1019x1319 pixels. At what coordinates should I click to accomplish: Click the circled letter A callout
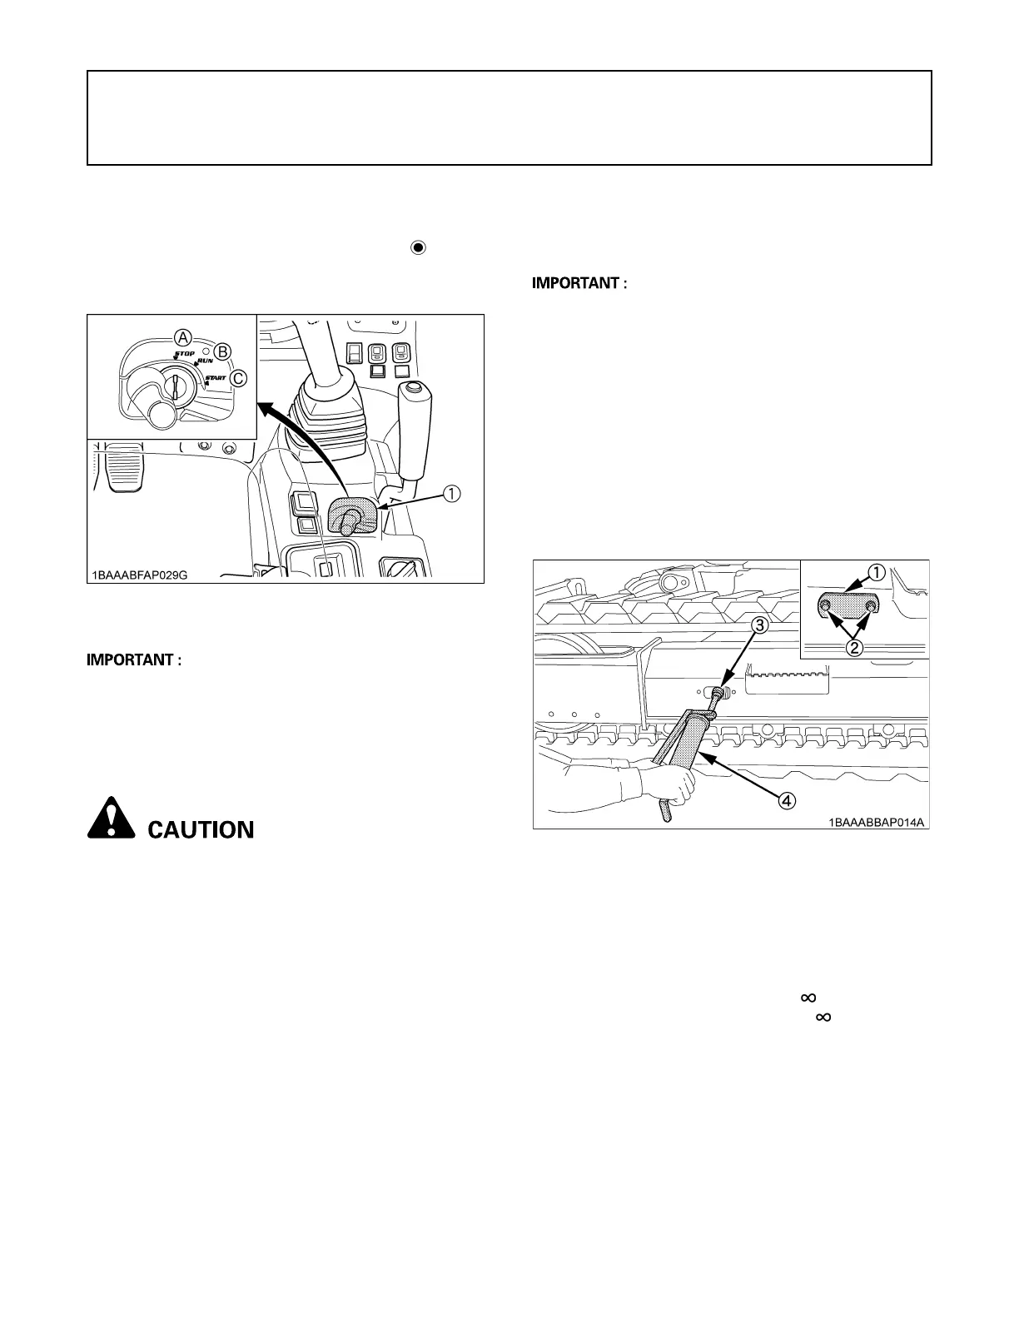(182, 337)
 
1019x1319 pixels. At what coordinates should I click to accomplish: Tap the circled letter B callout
(222, 351)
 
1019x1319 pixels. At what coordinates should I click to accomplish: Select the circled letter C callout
(238, 379)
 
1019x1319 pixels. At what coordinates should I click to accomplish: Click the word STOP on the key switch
(184, 354)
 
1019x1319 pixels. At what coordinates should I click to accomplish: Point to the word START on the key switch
(215, 378)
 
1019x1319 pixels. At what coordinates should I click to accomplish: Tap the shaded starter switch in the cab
(352, 517)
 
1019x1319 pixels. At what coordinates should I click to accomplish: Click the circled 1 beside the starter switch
(450, 494)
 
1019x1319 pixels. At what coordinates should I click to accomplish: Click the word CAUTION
(201, 829)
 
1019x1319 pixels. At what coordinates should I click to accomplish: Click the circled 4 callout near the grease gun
(785, 800)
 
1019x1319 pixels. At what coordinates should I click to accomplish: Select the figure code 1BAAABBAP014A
(877, 822)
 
